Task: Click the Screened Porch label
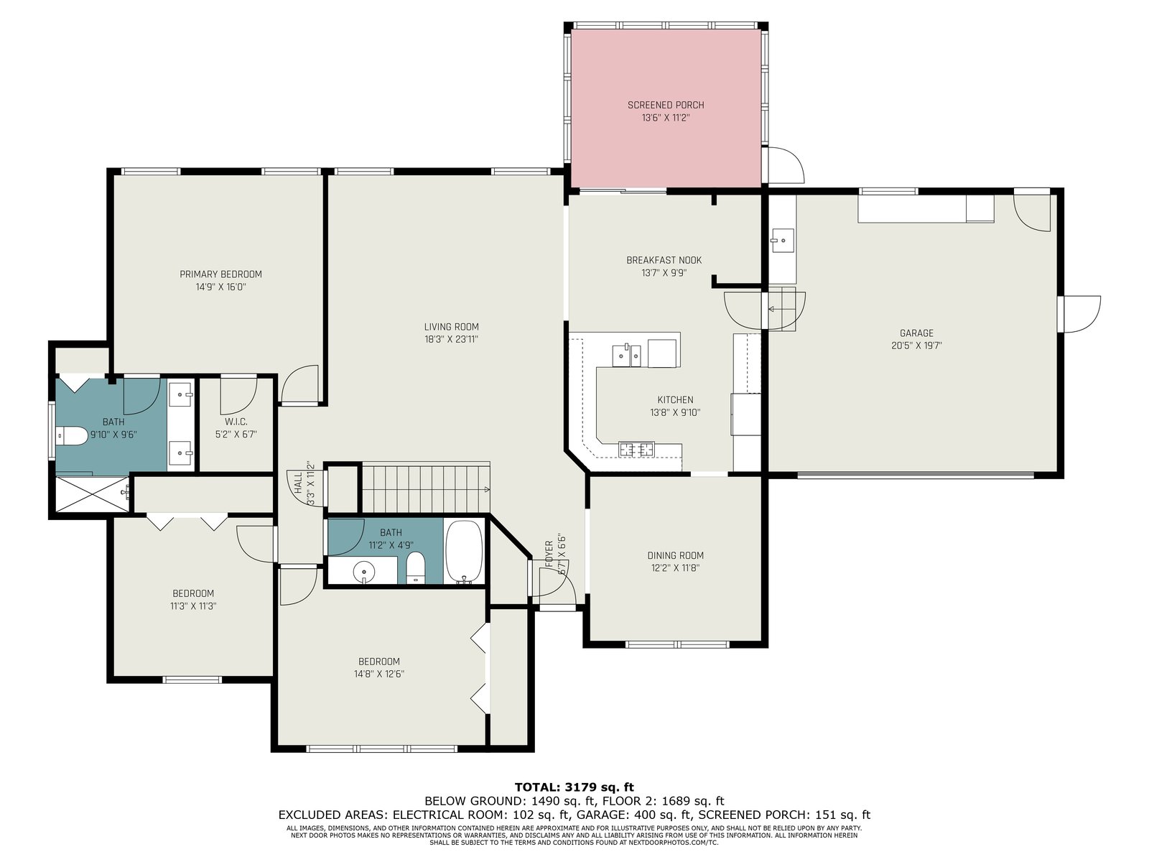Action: point(665,105)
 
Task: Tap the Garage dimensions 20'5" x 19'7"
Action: point(916,346)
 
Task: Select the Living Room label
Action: point(451,327)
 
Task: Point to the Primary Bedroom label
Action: point(220,274)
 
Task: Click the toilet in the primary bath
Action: point(72,435)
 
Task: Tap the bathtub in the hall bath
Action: point(464,552)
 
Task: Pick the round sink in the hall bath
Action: point(363,571)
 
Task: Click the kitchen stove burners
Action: point(636,449)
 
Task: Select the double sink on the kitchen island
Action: point(627,356)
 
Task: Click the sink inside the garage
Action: point(783,241)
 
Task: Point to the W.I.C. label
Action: point(236,422)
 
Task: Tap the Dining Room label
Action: point(675,555)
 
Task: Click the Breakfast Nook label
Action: point(664,260)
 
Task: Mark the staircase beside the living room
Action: point(426,488)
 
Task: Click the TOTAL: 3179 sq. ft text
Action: point(574,787)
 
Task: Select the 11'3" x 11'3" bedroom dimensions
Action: point(193,606)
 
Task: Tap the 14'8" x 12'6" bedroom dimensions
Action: point(379,674)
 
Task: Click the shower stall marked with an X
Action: point(92,493)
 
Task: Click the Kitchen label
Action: point(675,400)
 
